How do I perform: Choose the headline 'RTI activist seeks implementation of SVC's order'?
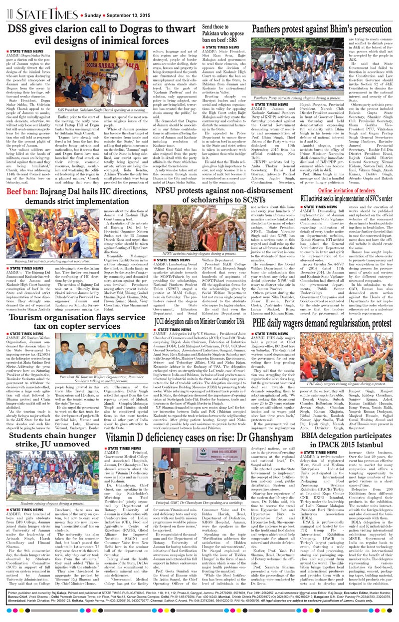[x=345, y=171]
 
